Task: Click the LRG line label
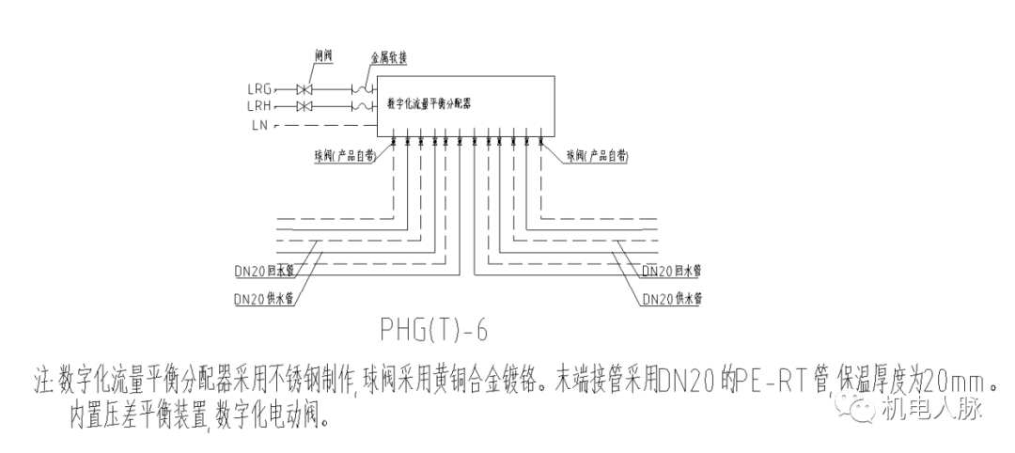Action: [x=259, y=89]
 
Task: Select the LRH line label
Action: [x=259, y=106]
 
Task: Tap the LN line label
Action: [x=259, y=124]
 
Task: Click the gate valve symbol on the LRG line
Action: [x=304, y=89]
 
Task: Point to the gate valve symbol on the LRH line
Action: [x=304, y=106]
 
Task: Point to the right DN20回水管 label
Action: [x=673, y=271]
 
